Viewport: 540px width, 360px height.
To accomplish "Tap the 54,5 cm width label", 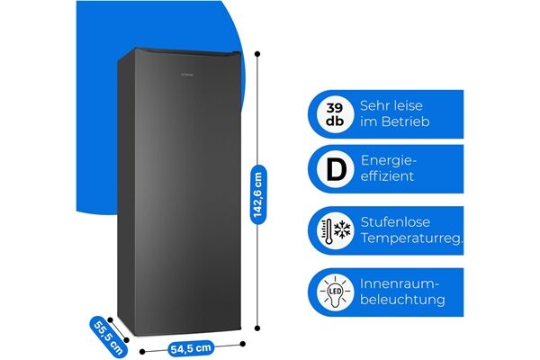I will tap(191, 347).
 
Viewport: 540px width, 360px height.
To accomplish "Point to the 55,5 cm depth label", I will tap(108, 337).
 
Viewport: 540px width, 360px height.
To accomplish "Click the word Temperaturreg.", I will tap(411, 238).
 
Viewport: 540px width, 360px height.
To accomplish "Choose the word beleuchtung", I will tap(402, 300).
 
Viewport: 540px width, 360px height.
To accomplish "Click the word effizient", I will tap(387, 177).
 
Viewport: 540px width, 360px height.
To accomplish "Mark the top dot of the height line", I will tap(257, 54).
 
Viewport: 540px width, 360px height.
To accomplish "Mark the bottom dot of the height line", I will tap(257, 330).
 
